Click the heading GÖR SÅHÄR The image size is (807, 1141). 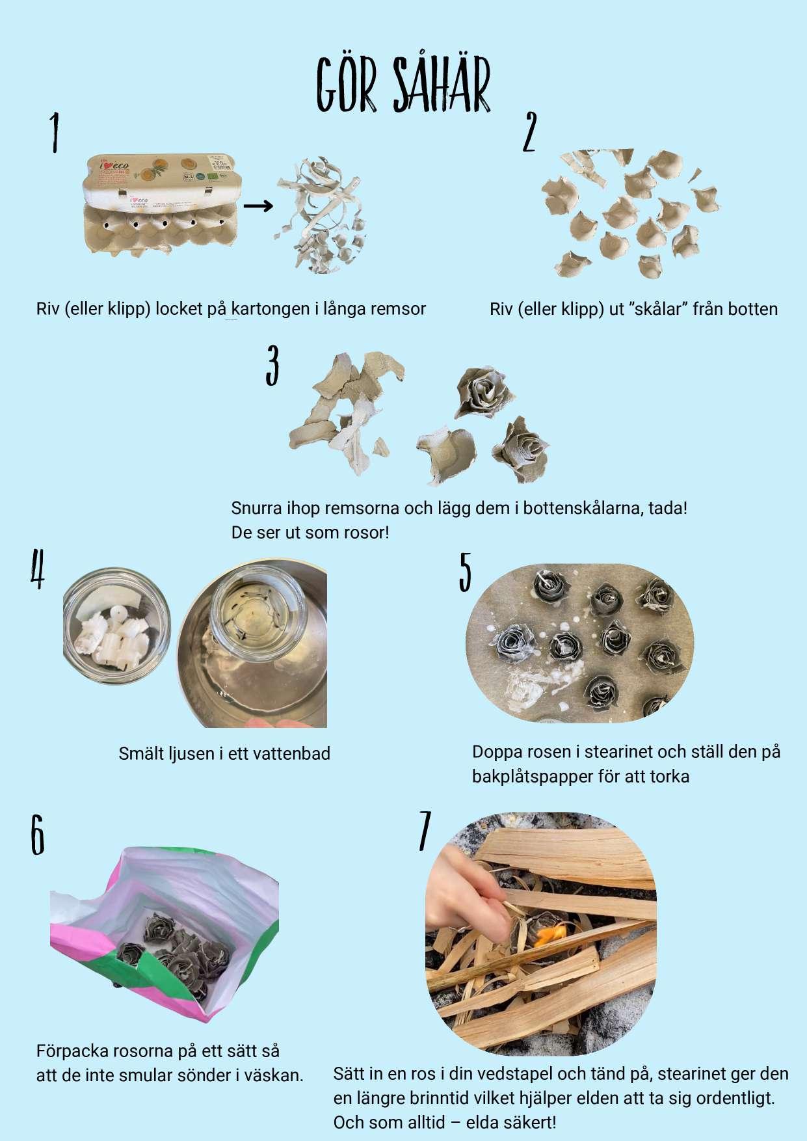tap(403, 85)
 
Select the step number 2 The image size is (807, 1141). tap(530, 131)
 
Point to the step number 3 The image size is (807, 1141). tap(272, 365)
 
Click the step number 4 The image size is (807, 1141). tap(38, 569)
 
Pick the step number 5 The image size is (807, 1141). tap(465, 572)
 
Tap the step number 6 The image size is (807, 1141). tap(38, 835)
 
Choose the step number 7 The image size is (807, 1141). tap(425, 831)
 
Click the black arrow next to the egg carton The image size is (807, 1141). tap(258, 206)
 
